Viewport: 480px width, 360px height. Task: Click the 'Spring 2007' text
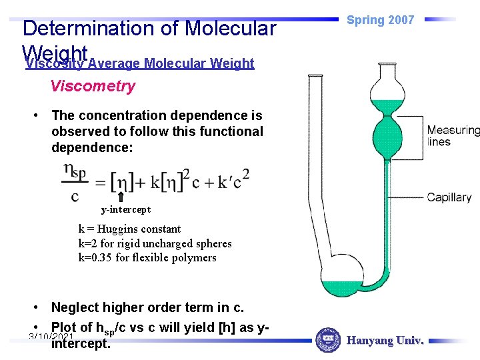pos(381,20)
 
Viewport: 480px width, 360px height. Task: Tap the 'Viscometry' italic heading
pos(93,86)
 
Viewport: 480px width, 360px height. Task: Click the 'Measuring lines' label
pos(453,135)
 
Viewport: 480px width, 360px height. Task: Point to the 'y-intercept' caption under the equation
pos(125,210)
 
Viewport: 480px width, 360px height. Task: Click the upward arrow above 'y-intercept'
pos(120,197)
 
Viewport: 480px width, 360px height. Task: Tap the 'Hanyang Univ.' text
pos(385,341)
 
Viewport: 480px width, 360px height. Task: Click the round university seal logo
pos(327,340)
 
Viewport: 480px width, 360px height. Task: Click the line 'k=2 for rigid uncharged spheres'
pos(155,243)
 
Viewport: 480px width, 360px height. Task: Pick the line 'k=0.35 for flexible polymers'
pos(147,257)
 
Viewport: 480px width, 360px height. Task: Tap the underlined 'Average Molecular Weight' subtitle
pos(171,64)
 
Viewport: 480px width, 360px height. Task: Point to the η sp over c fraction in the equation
pos(75,182)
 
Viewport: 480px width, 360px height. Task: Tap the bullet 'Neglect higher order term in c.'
pos(147,307)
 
